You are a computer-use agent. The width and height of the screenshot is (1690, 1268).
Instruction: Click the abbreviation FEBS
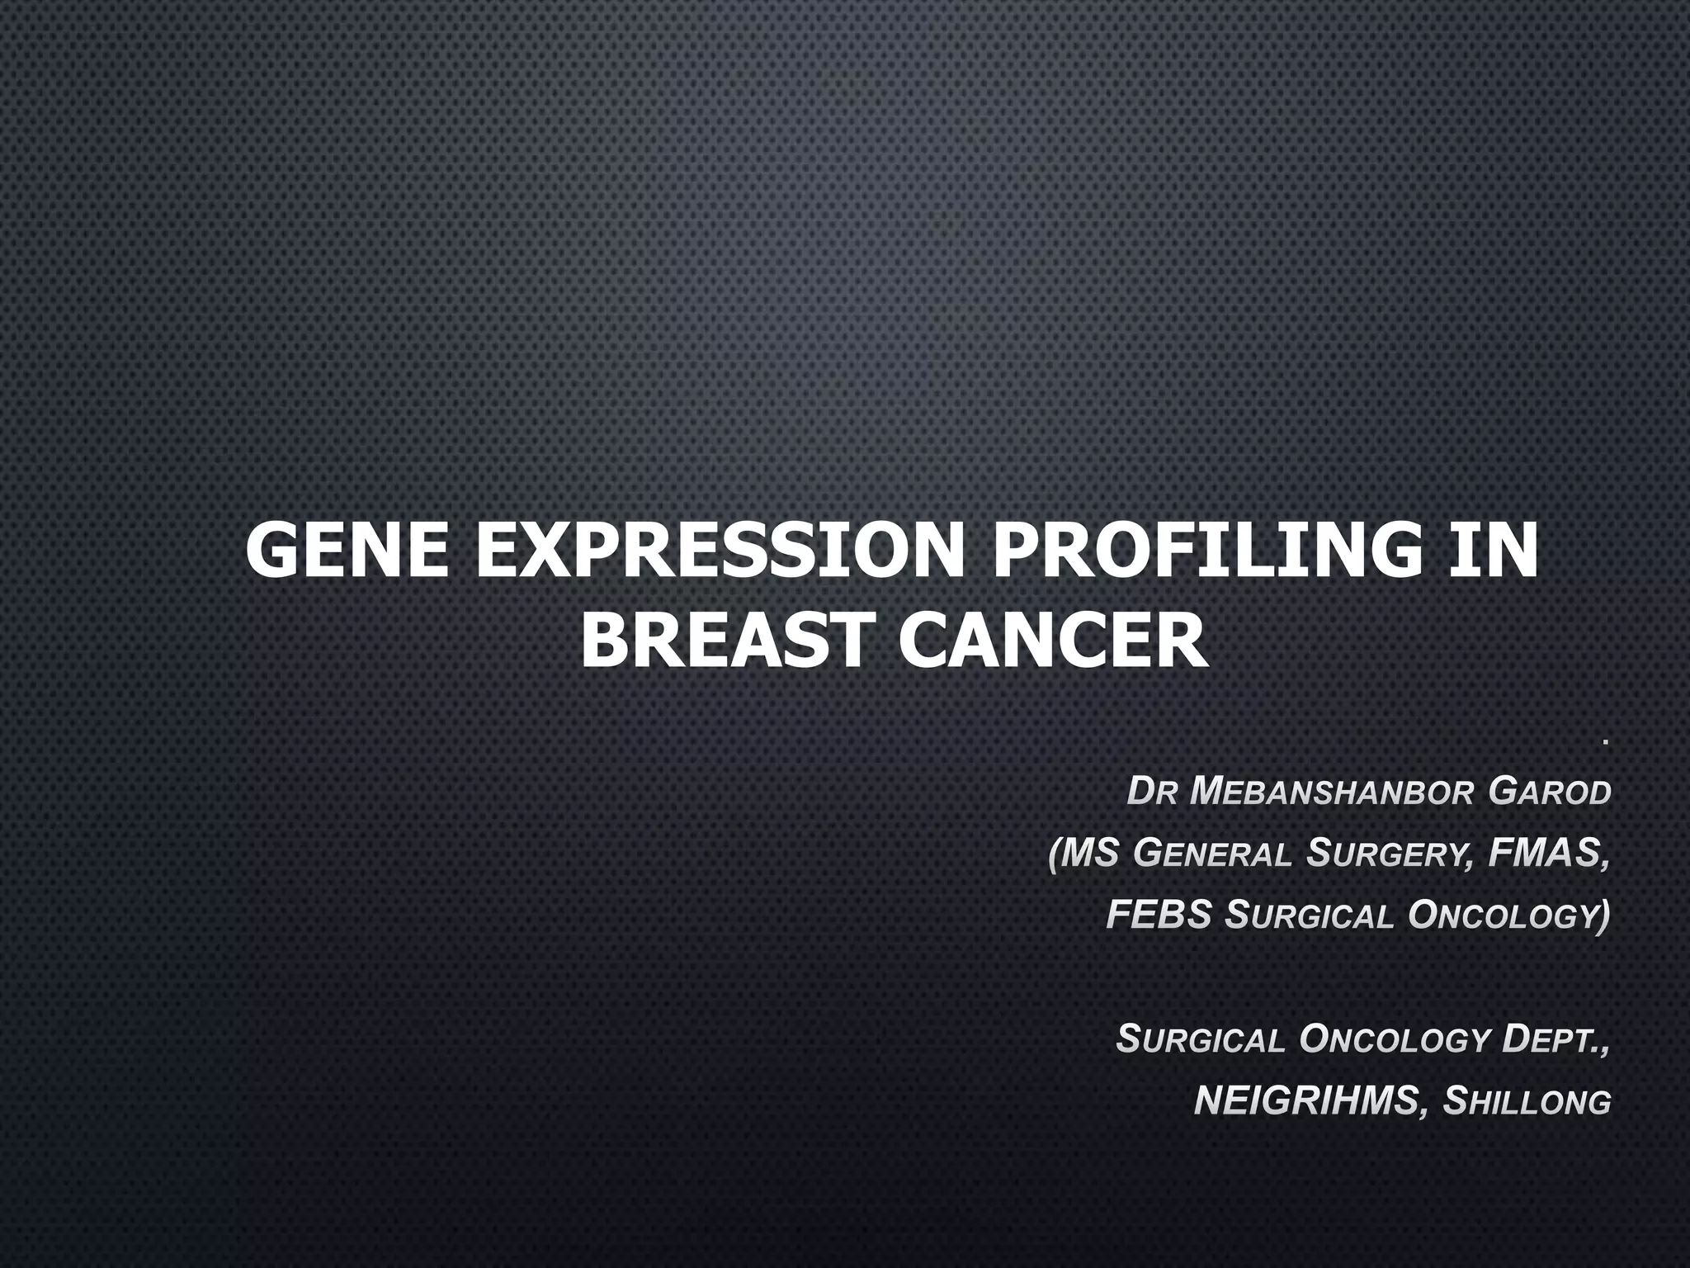[1159, 916]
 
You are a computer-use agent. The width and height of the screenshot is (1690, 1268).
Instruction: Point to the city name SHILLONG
[1526, 1101]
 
